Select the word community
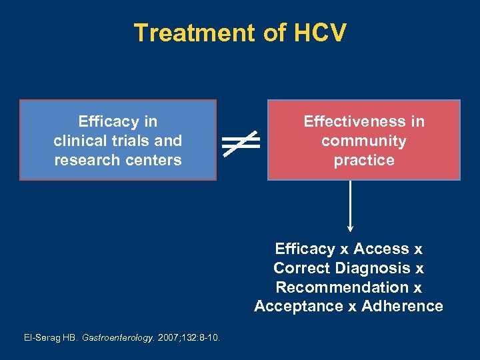363,141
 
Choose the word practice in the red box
363,160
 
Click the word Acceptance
296,306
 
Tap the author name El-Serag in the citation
41,338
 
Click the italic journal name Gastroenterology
115,338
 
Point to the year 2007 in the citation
165,338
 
